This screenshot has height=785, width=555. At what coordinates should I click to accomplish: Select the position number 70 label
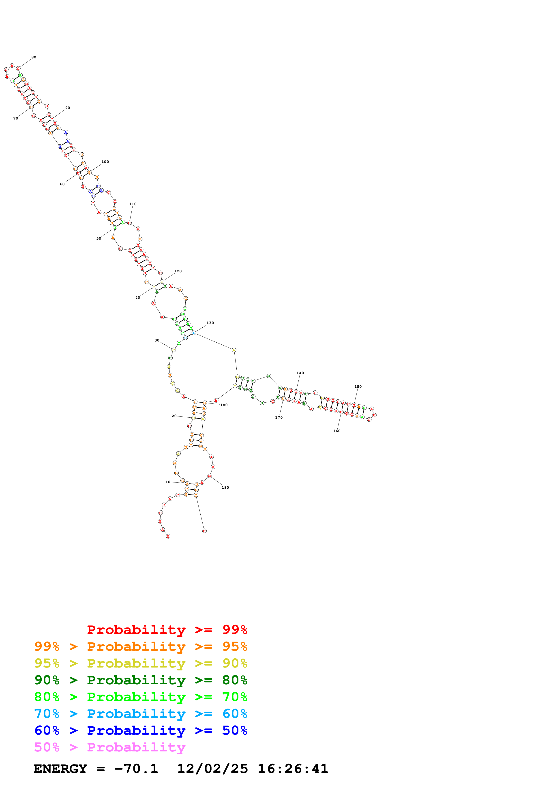(x=15, y=119)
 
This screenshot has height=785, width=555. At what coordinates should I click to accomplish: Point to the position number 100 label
(x=105, y=162)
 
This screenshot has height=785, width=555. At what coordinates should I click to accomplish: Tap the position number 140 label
(x=300, y=373)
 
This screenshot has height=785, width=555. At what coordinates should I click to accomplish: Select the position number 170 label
(x=279, y=418)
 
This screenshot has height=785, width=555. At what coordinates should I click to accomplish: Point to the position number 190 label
(x=225, y=488)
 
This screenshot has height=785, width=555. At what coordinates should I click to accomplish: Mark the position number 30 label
(x=157, y=341)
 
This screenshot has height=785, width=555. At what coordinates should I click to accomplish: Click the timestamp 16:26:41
(x=293, y=769)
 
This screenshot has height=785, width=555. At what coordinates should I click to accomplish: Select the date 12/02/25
(x=212, y=769)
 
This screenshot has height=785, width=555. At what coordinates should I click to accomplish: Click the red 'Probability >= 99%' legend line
(x=167, y=630)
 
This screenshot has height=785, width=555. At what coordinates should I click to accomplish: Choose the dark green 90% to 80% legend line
(x=141, y=680)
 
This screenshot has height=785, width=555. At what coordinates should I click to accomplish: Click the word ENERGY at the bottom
(x=60, y=769)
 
